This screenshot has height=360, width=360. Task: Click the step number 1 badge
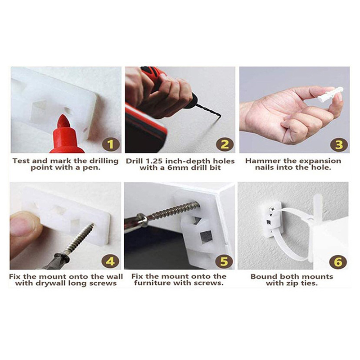pos(111,144)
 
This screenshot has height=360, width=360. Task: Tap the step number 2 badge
pos(225,144)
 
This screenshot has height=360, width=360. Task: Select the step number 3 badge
pos(339,144)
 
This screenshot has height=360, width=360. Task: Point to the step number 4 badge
pos(110,261)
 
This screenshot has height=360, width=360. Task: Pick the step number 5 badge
pos(224,261)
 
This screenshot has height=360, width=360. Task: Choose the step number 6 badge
pos(338,262)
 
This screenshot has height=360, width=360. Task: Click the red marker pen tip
pos(63,121)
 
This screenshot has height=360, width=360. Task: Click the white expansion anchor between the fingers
pos(330,94)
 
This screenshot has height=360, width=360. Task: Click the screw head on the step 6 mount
pos(273,209)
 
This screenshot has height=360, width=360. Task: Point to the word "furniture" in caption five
pos(153,283)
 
